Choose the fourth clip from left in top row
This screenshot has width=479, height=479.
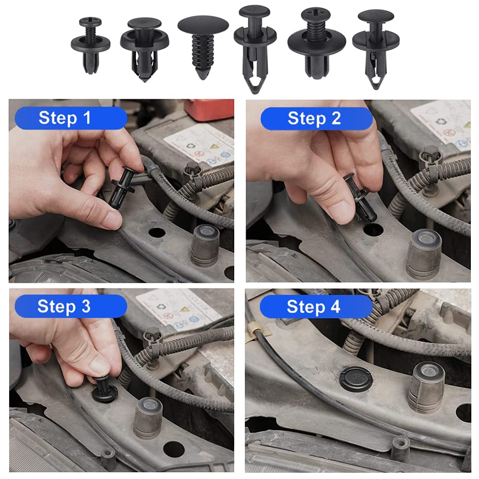[255, 46]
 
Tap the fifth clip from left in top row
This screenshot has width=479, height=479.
[317, 42]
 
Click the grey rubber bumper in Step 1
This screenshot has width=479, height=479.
[205, 245]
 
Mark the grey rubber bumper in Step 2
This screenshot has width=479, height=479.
[424, 252]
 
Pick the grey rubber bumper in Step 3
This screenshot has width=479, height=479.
[148, 417]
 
